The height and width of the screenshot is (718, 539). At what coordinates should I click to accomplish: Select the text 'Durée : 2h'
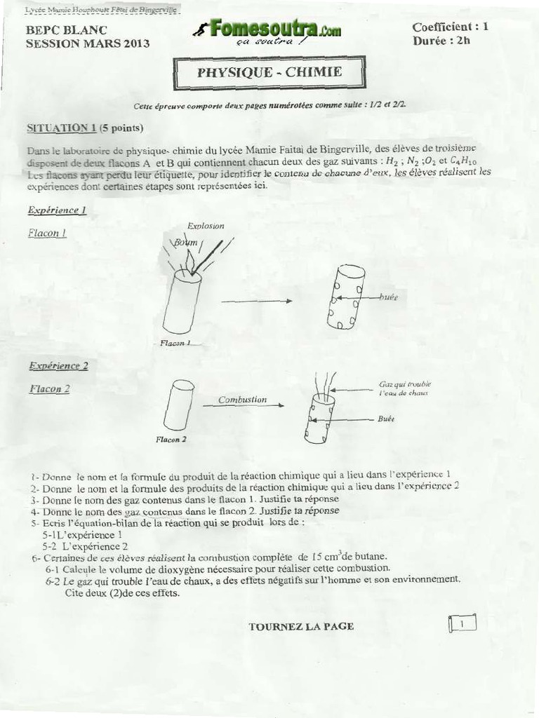pos(441,41)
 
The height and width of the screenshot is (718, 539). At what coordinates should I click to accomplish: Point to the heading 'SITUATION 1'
pos(61,128)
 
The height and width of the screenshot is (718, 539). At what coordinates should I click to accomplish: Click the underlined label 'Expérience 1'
pos(57,210)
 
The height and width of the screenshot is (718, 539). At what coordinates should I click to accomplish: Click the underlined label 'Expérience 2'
pos(58,365)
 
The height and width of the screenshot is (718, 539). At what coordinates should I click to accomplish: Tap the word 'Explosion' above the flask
pos(206,226)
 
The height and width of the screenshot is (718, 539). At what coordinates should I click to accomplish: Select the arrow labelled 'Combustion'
pos(243,405)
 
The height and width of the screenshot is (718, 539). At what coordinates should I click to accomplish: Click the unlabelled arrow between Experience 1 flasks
pos(256,301)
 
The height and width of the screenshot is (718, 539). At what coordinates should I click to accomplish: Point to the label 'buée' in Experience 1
pos(388,297)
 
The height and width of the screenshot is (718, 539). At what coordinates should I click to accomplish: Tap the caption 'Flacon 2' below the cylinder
pos(171,440)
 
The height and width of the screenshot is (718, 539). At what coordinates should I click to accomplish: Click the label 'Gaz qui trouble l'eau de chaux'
pos(405,388)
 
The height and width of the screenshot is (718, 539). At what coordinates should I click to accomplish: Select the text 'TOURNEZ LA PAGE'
pos(301,626)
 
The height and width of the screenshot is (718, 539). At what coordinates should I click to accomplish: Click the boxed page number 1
pos(461,623)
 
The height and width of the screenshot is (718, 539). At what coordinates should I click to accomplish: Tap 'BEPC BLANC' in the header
pos(67,30)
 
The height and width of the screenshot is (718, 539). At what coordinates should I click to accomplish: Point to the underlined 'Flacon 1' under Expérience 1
pos(47,233)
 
